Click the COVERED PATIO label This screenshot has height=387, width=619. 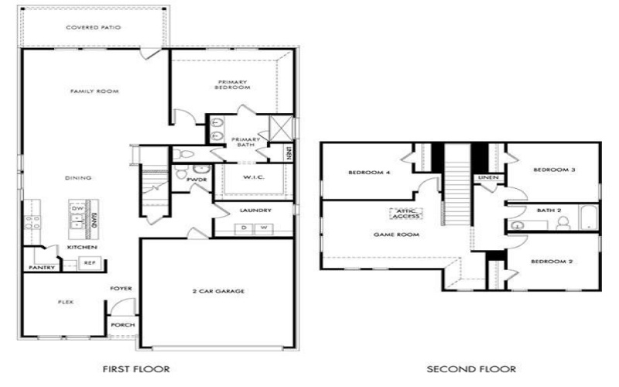tap(93, 28)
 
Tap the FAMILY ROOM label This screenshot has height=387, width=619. tap(94, 91)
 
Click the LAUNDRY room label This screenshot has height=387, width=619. tap(254, 210)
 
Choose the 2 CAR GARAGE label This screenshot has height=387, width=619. tap(218, 291)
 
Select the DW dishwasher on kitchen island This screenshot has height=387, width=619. tap(77, 209)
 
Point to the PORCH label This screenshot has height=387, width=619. tap(122, 325)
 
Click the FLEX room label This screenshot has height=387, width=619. tap(66, 302)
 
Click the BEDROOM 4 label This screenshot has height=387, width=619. tap(368, 173)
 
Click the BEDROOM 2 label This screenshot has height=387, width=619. tap(551, 262)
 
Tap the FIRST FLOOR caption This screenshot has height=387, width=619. tap(135, 369)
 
